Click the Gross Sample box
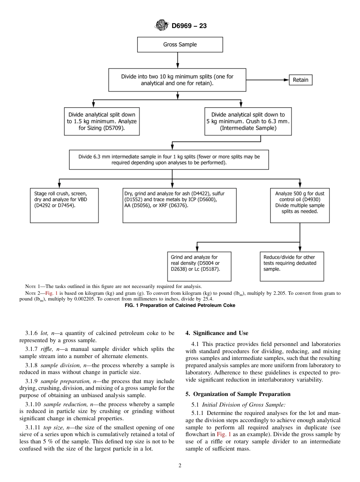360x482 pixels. point(180,44)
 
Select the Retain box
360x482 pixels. point(301,80)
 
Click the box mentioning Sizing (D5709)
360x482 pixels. point(102,121)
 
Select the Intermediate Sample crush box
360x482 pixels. point(248,121)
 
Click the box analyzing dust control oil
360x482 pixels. point(299,205)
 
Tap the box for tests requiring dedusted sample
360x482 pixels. point(291,266)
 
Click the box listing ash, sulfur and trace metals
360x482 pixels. point(180,205)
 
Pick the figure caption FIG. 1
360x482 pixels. point(180,305)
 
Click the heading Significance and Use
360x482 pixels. point(217,333)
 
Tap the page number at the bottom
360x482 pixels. point(180,466)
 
